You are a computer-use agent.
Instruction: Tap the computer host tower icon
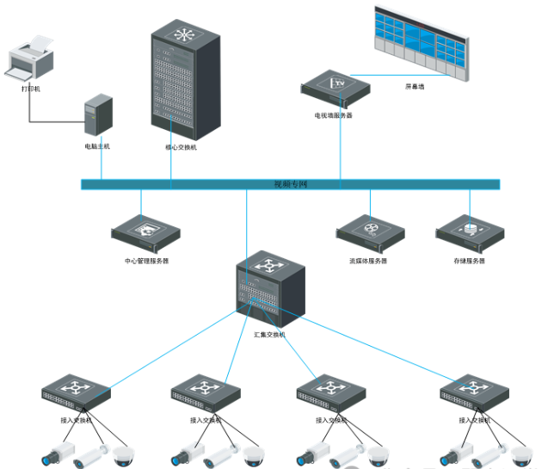(x=97, y=118)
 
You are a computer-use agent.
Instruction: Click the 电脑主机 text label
(x=97, y=146)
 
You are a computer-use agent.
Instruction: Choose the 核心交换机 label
(x=181, y=147)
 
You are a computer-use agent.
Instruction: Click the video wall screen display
(x=421, y=43)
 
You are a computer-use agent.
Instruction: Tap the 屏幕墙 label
(x=415, y=87)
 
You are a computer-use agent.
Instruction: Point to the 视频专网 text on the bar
(x=291, y=184)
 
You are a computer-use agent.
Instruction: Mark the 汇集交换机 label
(x=269, y=334)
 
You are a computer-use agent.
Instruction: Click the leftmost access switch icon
(x=77, y=393)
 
